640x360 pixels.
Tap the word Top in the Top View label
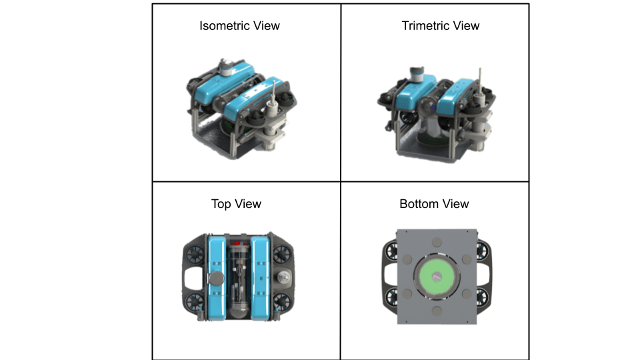221,204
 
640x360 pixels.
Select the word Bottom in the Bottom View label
419,204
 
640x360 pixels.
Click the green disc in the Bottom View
437,276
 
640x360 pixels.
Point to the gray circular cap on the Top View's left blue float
216,279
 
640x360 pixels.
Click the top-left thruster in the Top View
195,255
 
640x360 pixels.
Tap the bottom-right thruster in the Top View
281,301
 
